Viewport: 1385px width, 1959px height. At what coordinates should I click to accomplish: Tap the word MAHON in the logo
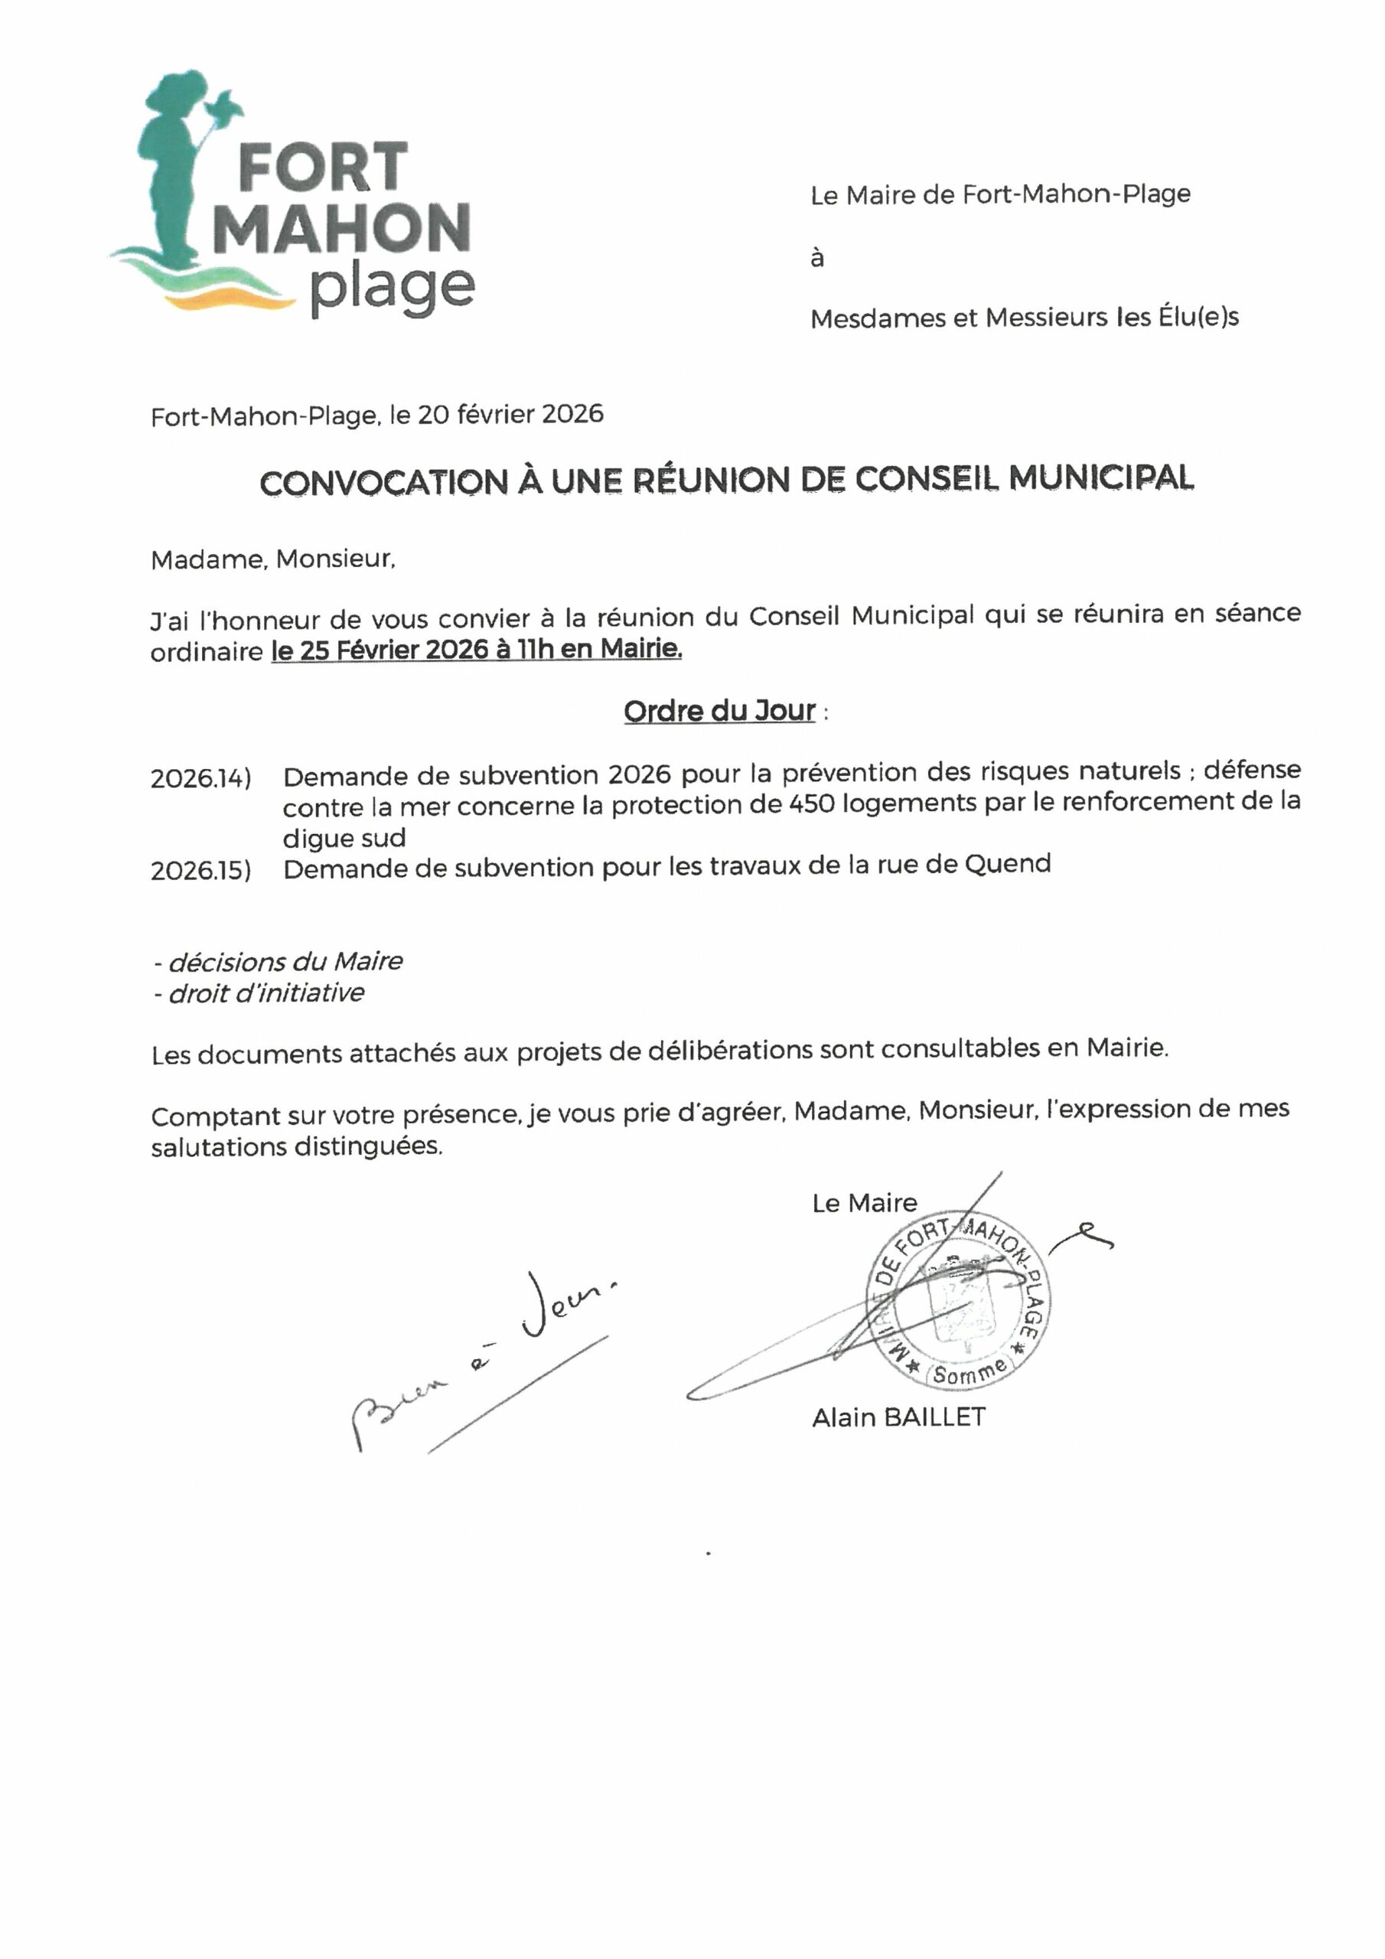[341, 229]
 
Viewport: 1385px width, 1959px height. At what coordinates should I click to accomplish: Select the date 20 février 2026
[510, 415]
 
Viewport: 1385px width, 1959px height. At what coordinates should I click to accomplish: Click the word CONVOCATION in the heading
[383, 482]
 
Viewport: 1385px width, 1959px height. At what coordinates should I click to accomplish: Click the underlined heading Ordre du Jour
[719, 711]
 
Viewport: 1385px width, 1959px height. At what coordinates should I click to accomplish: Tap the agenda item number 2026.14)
[200, 779]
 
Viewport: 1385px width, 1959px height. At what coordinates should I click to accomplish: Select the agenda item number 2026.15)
[200, 870]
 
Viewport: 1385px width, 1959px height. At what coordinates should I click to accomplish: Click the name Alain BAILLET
[898, 1418]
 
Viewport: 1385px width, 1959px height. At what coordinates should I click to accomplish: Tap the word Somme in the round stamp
[969, 1372]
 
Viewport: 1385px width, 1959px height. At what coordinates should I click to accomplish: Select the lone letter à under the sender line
[816, 258]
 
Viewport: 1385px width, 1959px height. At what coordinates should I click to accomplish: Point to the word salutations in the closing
[220, 1148]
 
